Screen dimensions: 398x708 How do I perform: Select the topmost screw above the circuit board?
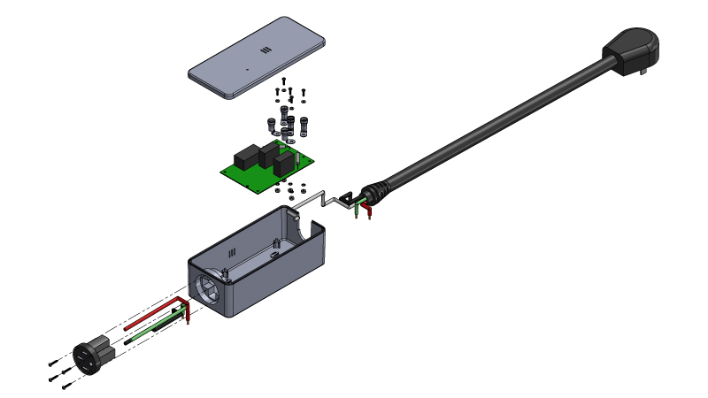click(281, 80)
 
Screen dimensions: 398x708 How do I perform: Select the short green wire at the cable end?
click(356, 210)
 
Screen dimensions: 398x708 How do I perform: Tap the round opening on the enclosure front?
click(209, 289)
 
